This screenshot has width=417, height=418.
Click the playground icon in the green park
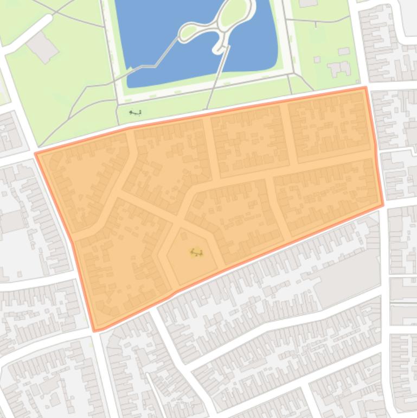(x=136, y=113)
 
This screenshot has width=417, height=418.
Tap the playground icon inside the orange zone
(x=196, y=252)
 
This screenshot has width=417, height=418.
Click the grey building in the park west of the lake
(x=42, y=47)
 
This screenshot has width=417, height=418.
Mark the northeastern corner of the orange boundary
(x=365, y=87)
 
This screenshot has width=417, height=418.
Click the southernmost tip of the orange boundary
(x=95, y=330)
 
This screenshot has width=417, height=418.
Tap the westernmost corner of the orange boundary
(x=36, y=154)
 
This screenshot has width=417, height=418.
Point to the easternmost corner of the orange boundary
(x=383, y=205)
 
